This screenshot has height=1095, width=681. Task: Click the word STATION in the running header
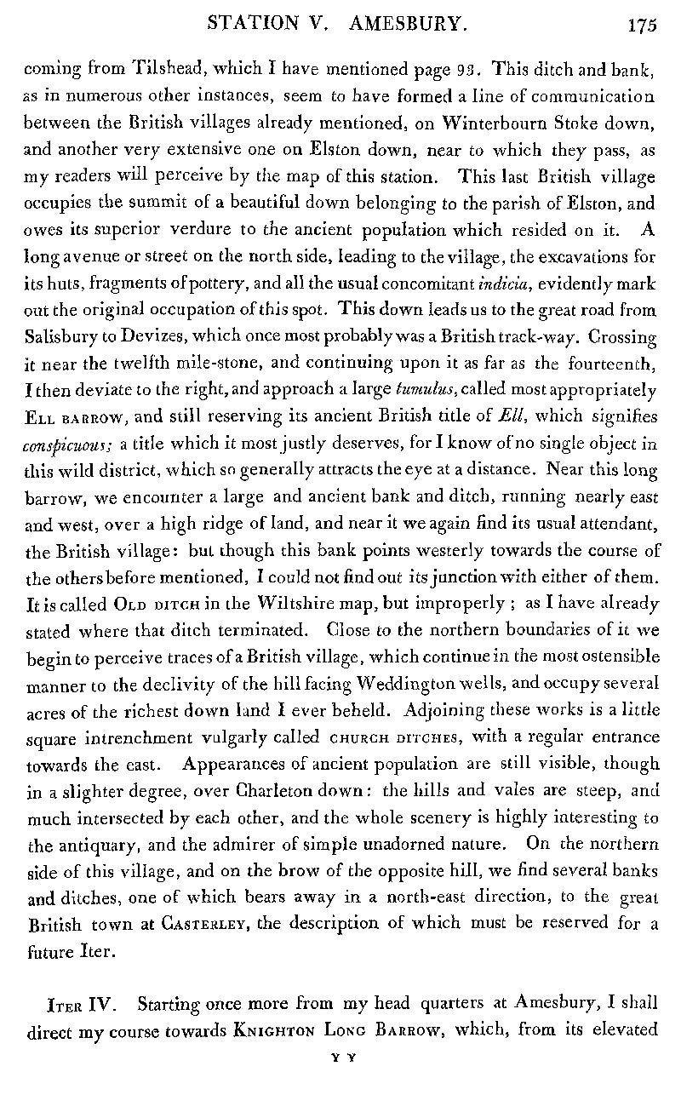coord(254,24)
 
